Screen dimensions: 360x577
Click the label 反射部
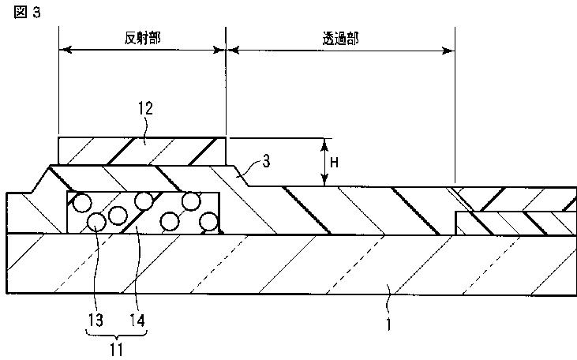click(142, 37)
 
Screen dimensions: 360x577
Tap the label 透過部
click(340, 37)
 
